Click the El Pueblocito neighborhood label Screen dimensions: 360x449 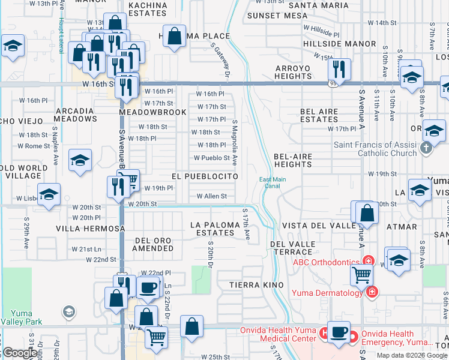(x=205, y=176)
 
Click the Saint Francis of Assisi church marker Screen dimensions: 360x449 (x=426, y=148)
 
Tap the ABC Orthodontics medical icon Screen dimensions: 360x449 (x=368, y=262)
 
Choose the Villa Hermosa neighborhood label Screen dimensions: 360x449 (x=90, y=229)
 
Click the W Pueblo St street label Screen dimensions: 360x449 (x=211, y=158)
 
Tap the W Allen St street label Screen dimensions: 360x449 (x=211, y=196)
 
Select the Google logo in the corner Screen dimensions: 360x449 (x=20, y=353)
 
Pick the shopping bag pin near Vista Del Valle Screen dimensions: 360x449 (x=366, y=212)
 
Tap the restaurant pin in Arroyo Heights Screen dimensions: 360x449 (x=340, y=69)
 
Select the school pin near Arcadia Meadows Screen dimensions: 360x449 (x=80, y=160)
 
